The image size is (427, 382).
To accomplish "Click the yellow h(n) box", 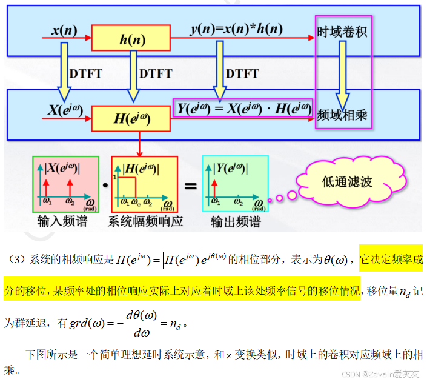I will click(x=131, y=40).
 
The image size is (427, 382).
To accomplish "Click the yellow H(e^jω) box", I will click(x=131, y=118).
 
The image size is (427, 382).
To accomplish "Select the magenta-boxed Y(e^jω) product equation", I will click(x=243, y=109).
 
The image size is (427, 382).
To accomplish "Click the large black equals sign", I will click(x=190, y=186).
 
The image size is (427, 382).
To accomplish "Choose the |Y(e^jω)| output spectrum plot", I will click(x=234, y=184).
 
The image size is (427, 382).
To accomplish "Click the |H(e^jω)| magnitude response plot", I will click(x=144, y=184).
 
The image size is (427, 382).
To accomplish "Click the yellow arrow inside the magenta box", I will click(x=343, y=73).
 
